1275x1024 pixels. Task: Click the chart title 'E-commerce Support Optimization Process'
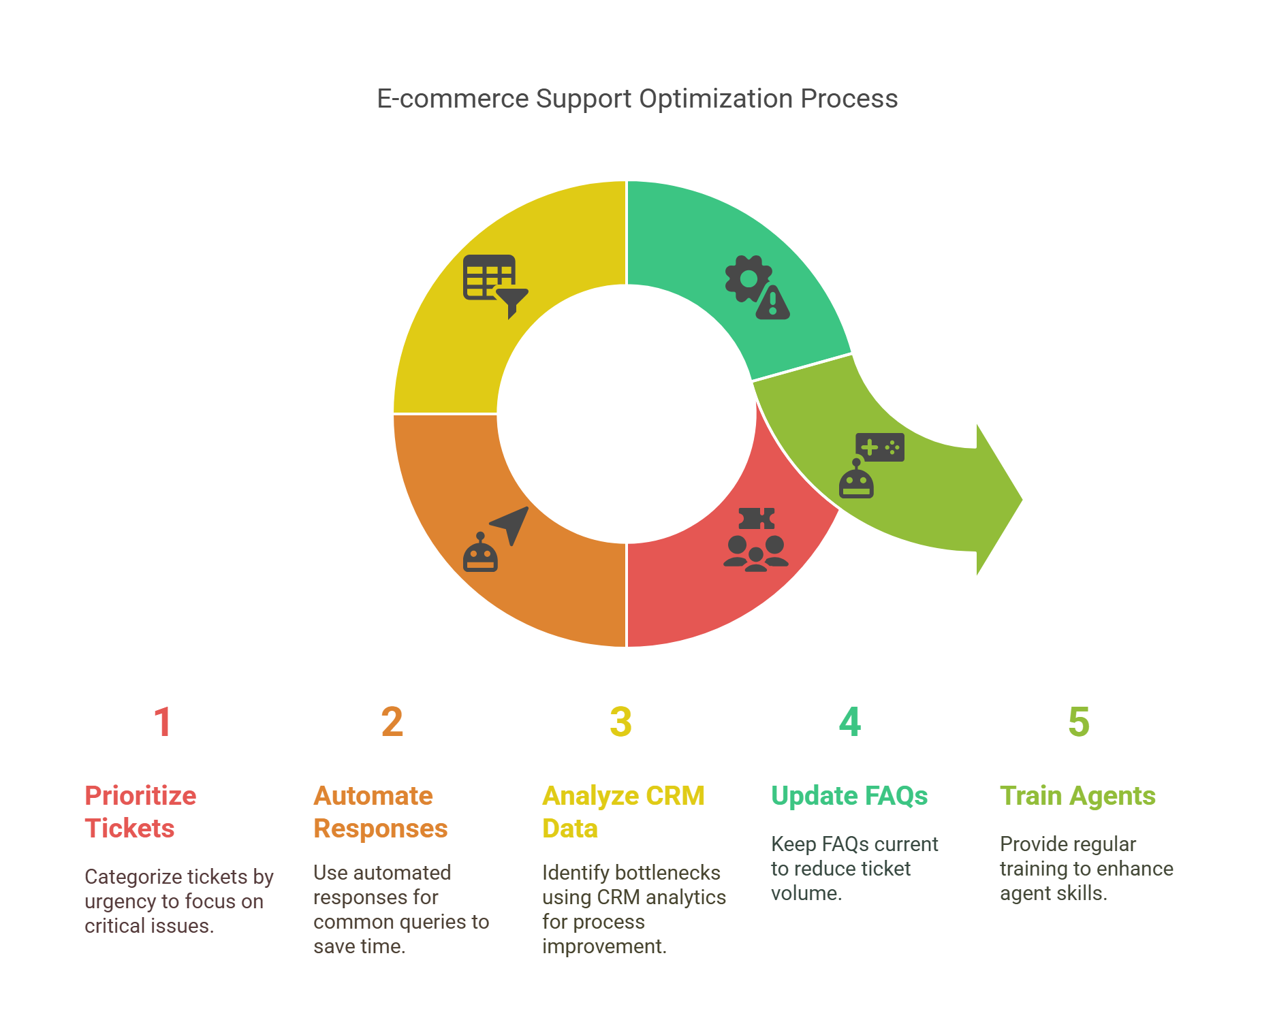[x=637, y=99]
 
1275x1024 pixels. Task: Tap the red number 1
[x=162, y=722]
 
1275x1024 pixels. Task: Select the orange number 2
[x=392, y=722]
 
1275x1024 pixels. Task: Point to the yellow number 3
[x=620, y=722]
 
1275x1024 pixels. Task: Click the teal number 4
[x=849, y=722]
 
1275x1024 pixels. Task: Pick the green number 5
[x=1078, y=722]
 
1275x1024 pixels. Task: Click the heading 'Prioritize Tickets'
[x=140, y=812]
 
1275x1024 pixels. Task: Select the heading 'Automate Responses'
[x=380, y=812]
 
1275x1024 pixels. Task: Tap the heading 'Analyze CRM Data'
[x=623, y=812]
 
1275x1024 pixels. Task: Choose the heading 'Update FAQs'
[x=849, y=795]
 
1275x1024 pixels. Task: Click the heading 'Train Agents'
[x=1077, y=795]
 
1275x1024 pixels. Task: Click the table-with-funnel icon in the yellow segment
[x=495, y=286]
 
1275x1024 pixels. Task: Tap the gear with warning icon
[x=757, y=287]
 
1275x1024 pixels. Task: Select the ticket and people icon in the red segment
[x=756, y=539]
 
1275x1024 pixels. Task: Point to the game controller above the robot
[x=880, y=447]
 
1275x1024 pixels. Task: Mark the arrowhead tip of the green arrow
[x=1023, y=499]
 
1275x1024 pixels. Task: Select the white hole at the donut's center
[x=627, y=414]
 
